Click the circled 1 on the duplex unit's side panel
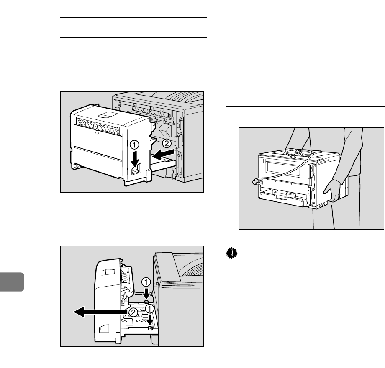tap(135, 145)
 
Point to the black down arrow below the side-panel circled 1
tap(135, 158)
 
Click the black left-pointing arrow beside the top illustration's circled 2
tap(163, 155)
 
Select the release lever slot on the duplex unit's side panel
tap(136, 169)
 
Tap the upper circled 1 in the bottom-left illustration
tap(146, 282)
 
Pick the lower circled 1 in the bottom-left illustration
tap(149, 309)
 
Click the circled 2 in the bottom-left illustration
tap(133, 312)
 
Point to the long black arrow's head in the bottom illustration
tap(79, 312)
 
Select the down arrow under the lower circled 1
tap(150, 320)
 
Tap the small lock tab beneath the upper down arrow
tap(146, 302)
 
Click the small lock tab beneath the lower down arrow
tap(150, 328)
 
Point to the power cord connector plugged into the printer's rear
tap(257, 182)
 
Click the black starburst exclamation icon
tap(232, 253)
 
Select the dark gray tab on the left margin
tap(12, 282)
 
